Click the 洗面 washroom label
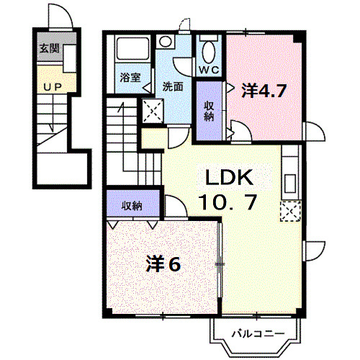pos(173,86)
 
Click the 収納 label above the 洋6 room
pos(131,205)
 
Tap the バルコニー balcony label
pos(258,333)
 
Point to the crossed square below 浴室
pos(153,110)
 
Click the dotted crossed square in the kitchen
pos(290,211)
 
